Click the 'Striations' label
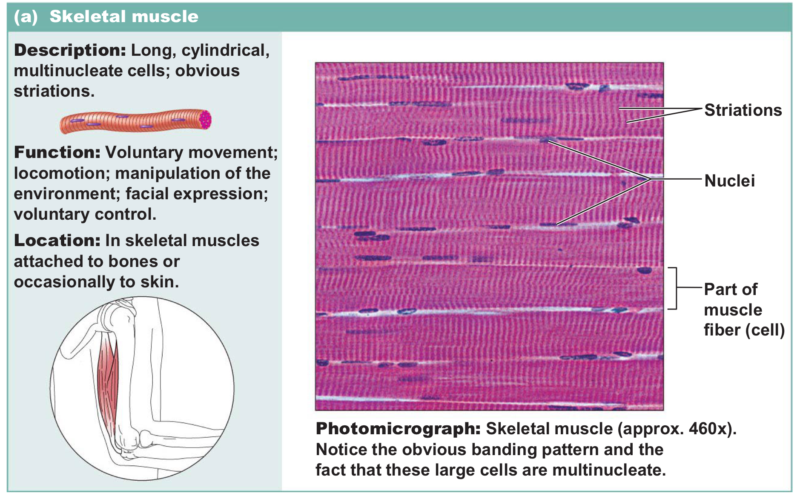pyautogui.click(x=743, y=110)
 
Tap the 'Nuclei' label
pyautogui.click(x=729, y=181)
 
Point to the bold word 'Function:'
pyautogui.click(x=57, y=152)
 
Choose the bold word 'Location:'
pyautogui.click(x=57, y=241)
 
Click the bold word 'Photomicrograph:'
pyautogui.click(x=398, y=429)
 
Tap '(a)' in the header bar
pyautogui.click(x=26, y=17)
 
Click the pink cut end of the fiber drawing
pyautogui.click(x=205, y=119)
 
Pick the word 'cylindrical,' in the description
pyautogui.click(x=225, y=50)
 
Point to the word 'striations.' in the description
pyautogui.click(x=54, y=91)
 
